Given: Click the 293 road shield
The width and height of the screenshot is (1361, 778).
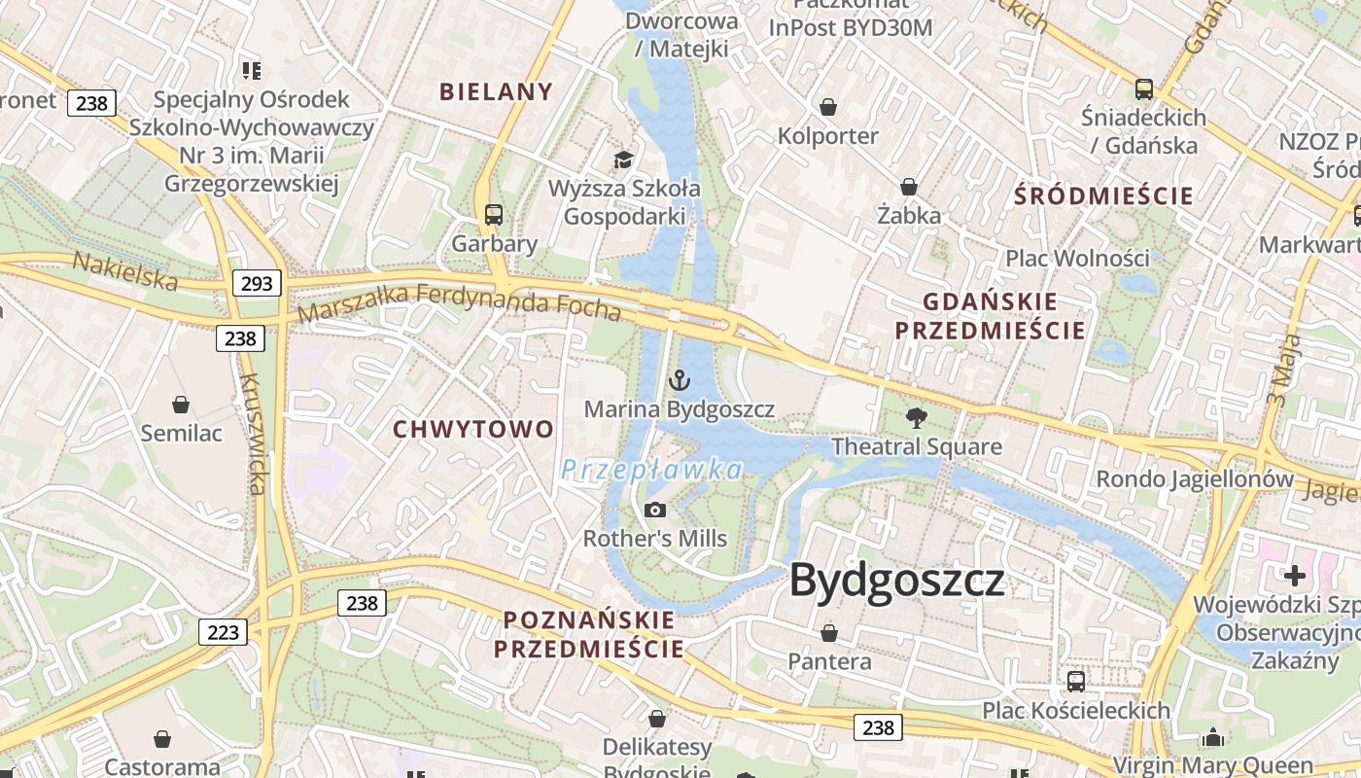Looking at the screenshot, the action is (257, 283).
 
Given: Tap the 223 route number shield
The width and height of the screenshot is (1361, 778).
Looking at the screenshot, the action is (223, 632).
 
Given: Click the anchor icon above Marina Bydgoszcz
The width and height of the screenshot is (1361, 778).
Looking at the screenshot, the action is (680, 380).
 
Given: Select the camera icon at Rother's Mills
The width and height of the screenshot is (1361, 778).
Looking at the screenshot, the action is (655, 510).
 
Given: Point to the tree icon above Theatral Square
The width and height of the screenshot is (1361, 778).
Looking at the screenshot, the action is (916, 418).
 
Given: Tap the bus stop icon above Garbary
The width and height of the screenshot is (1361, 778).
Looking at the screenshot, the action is (494, 215).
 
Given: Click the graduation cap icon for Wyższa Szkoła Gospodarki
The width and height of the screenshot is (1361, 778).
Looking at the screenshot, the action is (622, 159).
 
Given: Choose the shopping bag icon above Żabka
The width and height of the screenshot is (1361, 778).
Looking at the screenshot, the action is (909, 186).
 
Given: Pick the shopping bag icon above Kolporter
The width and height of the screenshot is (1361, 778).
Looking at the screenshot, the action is (828, 106).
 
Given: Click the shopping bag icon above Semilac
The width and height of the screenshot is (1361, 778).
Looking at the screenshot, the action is (181, 404).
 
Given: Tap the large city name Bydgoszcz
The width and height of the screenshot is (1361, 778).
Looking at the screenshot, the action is (896, 580).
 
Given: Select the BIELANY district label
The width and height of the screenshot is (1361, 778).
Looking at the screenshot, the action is (496, 92).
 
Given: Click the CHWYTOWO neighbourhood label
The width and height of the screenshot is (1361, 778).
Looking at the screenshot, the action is (473, 429).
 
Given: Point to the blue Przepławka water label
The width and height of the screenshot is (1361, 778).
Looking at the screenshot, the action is (651, 471).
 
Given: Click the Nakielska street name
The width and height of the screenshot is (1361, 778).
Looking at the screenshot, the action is (125, 271).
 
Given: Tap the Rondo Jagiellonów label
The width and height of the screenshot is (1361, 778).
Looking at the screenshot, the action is (1195, 478).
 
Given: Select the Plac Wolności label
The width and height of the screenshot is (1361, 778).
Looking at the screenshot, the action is (1077, 259).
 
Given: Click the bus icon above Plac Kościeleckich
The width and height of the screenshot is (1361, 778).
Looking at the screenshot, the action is (1076, 681).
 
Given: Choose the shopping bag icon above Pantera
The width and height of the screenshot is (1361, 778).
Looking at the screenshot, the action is (829, 633).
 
